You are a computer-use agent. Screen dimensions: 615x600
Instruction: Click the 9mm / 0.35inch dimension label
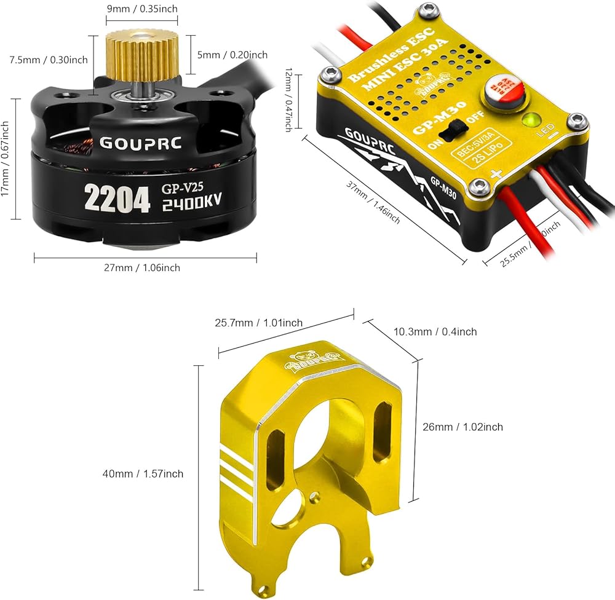point(143,9)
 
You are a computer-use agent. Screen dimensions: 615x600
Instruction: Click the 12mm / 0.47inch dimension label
point(288,100)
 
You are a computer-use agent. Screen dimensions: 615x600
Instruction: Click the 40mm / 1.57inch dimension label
point(143,473)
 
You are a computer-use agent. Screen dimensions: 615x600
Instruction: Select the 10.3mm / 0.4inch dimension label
point(435,331)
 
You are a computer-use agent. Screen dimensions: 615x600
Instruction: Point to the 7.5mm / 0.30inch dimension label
point(49,60)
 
